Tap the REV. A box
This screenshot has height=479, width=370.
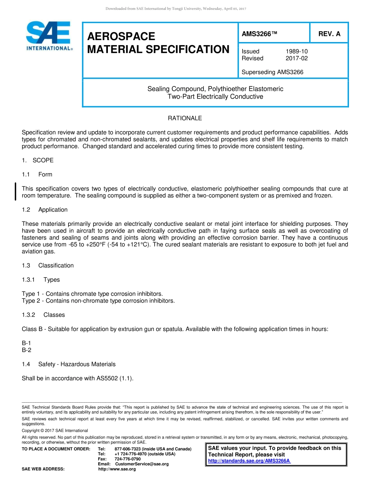(329, 34)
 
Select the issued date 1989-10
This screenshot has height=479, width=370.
(296, 51)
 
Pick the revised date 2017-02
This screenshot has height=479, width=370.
(296, 58)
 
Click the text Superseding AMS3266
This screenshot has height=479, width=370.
(272, 72)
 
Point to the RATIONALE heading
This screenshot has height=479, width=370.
(185, 118)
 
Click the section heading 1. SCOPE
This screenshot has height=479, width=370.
(38, 160)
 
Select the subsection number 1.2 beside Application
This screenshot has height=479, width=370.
(26, 210)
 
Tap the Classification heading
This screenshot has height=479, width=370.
(56, 265)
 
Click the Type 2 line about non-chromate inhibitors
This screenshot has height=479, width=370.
(98, 301)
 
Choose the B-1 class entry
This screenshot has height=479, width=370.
(26, 343)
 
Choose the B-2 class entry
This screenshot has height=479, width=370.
(26, 350)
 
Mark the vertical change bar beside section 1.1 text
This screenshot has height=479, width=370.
(15, 192)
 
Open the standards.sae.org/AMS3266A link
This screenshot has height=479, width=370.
(249, 461)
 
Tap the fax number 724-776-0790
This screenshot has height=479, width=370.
(128, 459)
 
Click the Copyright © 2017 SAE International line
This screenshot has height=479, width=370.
(55, 430)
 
